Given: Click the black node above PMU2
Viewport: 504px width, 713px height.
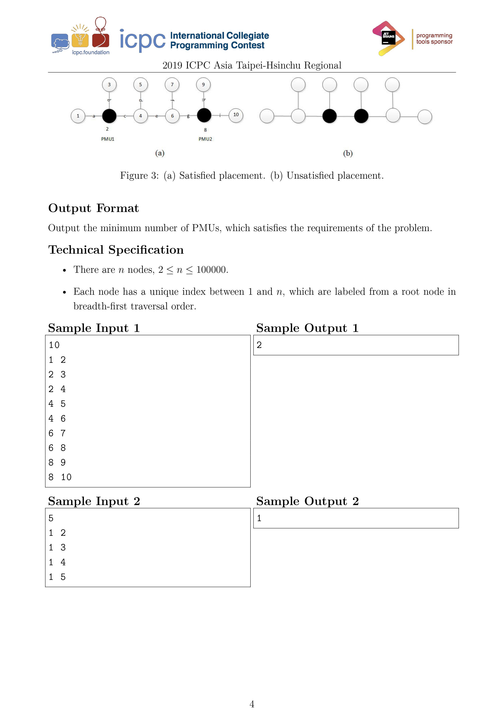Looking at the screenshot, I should click(204, 115).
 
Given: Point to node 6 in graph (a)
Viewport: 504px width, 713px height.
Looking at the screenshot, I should click(172, 116).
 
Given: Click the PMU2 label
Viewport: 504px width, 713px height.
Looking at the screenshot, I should click(205, 139).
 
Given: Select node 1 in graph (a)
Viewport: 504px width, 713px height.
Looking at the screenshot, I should click(78, 116).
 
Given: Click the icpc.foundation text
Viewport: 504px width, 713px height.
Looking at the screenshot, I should click(91, 52).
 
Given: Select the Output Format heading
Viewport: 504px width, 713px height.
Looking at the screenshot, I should click(93, 208).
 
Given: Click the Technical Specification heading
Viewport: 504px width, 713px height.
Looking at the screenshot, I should click(116, 250).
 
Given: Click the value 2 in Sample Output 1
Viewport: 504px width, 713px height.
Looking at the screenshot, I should click(259, 345).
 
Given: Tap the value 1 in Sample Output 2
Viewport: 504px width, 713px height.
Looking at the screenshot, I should click(259, 518).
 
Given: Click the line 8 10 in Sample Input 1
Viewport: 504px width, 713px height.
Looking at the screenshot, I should click(60, 477).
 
